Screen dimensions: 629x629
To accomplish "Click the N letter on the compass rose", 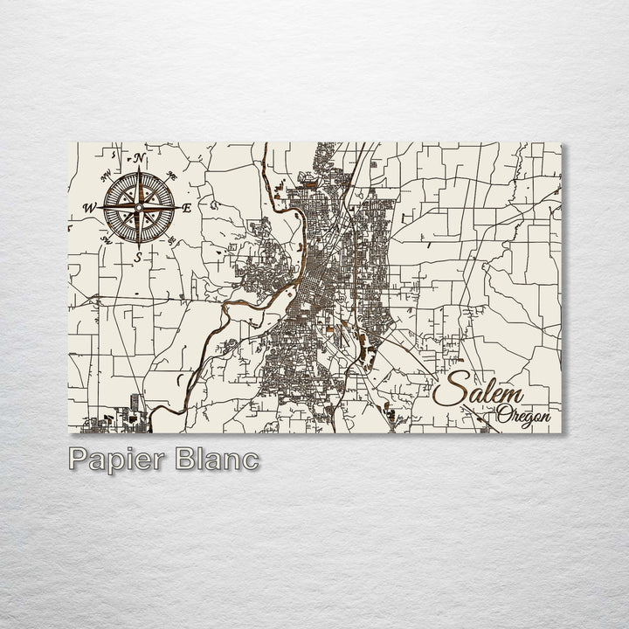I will coord(140,158).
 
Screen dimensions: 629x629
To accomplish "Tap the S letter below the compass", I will coord(138,257).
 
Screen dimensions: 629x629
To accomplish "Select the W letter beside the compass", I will coord(89,207).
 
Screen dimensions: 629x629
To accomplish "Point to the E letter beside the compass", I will coord(186,208).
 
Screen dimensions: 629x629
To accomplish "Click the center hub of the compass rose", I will coord(138,207).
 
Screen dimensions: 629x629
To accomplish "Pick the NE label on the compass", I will coord(172,174).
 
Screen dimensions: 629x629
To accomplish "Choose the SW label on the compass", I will coord(106,238).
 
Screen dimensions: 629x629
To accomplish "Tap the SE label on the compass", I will coord(172,240).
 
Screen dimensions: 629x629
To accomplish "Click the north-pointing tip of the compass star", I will coord(138,167).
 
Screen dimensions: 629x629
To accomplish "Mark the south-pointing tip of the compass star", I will coord(138,247).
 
